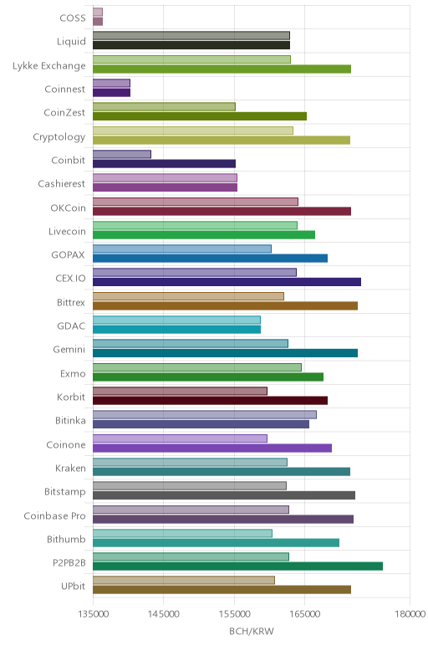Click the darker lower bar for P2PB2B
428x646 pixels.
tap(237, 567)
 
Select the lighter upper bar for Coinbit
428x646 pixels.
tap(122, 154)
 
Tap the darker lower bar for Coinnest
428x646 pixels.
tap(111, 93)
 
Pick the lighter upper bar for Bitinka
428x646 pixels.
tap(205, 414)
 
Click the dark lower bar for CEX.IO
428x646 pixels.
tap(227, 282)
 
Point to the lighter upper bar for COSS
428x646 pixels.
tap(98, 12)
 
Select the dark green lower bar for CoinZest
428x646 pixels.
tap(200, 116)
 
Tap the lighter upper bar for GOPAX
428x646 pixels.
tap(182, 249)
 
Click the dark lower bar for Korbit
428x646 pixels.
tap(211, 401)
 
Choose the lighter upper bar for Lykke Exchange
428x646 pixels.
tap(191, 59)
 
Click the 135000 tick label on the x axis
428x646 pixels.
tap(93, 614)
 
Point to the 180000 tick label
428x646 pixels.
tap(410, 614)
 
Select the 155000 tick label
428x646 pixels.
tap(235, 614)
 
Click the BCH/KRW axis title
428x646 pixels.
tap(252, 631)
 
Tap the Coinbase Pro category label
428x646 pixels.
tap(54, 515)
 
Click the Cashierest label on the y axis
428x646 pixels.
tap(62, 184)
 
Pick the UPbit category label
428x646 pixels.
tap(74, 586)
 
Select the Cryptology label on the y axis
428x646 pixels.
tap(59, 136)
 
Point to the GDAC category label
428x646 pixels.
tap(71, 326)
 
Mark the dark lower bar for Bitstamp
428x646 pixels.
tap(224, 495)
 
